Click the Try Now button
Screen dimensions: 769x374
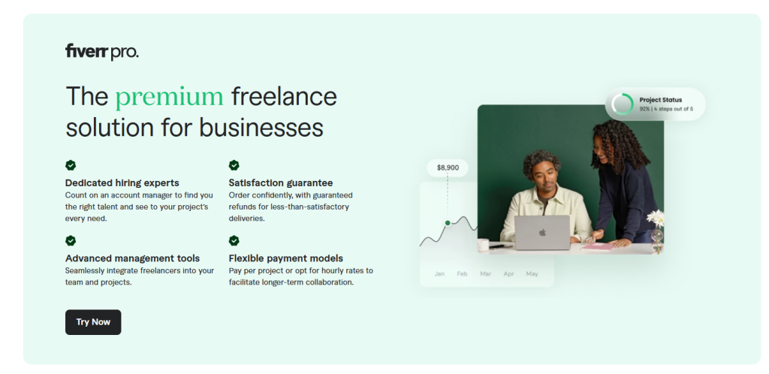pyautogui.click(x=93, y=322)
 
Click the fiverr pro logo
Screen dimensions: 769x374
pyautogui.click(x=102, y=52)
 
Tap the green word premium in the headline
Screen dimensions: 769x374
pyautogui.click(x=169, y=97)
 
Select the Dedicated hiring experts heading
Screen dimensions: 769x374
pyautogui.click(x=122, y=182)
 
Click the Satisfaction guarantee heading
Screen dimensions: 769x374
pyautogui.click(x=281, y=182)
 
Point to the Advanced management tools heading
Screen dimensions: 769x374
pyautogui.click(x=132, y=258)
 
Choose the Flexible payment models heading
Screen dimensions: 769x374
pyautogui.click(x=286, y=258)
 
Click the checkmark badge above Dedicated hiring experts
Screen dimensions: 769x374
pyautogui.click(x=71, y=165)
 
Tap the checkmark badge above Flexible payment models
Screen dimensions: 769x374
pyautogui.click(x=234, y=240)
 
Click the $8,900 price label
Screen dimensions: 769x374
pyautogui.click(x=448, y=167)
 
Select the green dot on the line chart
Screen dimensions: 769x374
pyautogui.click(x=448, y=223)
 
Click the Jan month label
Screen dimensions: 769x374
pyautogui.click(x=439, y=273)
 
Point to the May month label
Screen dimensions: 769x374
pyautogui.click(x=532, y=273)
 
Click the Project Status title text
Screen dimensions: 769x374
pyautogui.click(x=661, y=99)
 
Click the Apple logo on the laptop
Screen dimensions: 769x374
pyautogui.click(x=542, y=232)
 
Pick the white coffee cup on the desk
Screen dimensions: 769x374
pyautogui.click(x=483, y=245)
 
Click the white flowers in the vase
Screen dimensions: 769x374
pyautogui.click(x=656, y=218)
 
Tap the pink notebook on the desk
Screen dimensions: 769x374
pyautogui.click(x=599, y=246)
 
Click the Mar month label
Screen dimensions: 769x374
pyautogui.click(x=486, y=273)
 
